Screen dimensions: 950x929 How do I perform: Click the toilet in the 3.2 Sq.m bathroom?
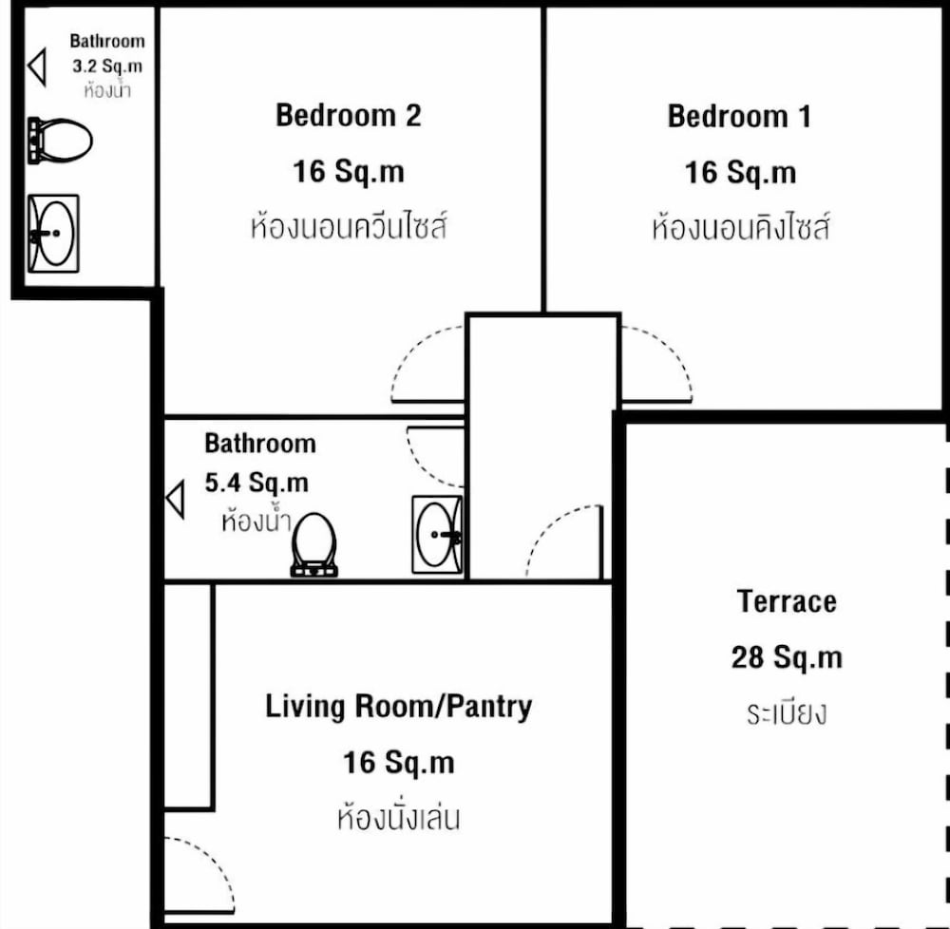(x=59, y=140)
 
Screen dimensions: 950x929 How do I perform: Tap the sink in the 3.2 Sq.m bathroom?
(x=53, y=233)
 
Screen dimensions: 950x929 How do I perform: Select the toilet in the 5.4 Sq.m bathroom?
(x=313, y=544)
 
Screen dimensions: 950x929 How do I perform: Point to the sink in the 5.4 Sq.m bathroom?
(x=437, y=534)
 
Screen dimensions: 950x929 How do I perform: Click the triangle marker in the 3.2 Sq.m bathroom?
(x=38, y=66)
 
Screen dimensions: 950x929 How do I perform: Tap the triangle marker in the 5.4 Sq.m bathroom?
(x=176, y=499)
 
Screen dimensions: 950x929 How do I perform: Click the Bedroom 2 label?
(x=349, y=115)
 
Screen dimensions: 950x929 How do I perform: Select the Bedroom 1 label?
(x=739, y=116)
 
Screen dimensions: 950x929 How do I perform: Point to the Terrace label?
(x=787, y=601)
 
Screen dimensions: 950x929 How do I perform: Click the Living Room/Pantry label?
(x=399, y=707)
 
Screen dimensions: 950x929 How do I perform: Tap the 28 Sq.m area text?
(x=787, y=657)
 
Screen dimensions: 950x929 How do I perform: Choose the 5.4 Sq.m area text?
(x=256, y=483)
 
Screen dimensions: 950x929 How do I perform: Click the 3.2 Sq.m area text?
(x=108, y=66)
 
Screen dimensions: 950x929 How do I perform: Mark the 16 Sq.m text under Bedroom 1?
(x=740, y=173)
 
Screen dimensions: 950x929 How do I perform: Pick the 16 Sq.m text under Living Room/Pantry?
(x=399, y=763)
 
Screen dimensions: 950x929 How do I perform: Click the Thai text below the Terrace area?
(x=787, y=712)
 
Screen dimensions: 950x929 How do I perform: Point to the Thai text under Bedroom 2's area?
(x=349, y=226)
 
